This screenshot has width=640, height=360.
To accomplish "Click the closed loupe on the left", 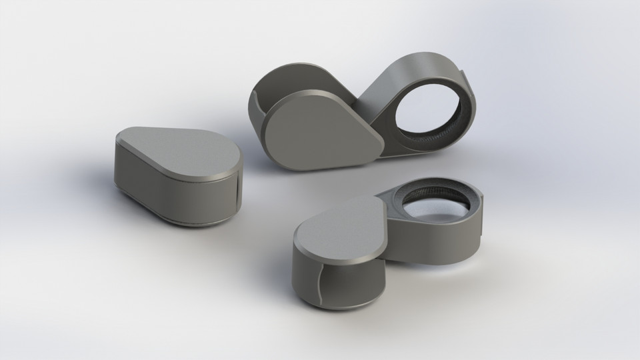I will click(177, 177).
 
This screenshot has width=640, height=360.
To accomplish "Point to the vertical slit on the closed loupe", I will click(237, 193).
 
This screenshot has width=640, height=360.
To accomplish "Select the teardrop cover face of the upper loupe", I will click(320, 130).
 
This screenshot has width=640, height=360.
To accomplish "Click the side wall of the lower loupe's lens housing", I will click(433, 243).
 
